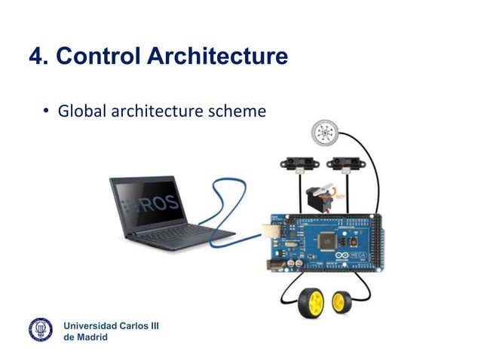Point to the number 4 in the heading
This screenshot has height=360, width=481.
pyautogui.click(x=35, y=56)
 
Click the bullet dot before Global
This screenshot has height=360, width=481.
pyautogui.click(x=45, y=113)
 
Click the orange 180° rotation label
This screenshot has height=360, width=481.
pyautogui.click(x=342, y=196)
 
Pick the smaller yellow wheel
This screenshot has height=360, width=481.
pyautogui.click(x=340, y=302)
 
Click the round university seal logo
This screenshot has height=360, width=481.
pyautogui.click(x=41, y=330)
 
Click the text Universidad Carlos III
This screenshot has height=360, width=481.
pyautogui.click(x=110, y=325)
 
